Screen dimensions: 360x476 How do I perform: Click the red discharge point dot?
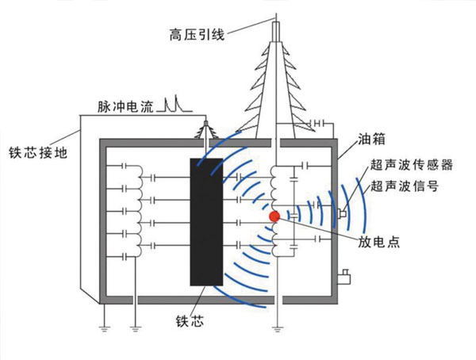(274, 216)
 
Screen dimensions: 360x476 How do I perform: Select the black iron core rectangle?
(208, 222)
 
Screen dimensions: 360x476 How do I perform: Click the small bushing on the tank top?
(208, 131)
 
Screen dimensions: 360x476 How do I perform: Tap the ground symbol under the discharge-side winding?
(275, 326)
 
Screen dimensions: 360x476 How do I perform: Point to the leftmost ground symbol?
(102, 326)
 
